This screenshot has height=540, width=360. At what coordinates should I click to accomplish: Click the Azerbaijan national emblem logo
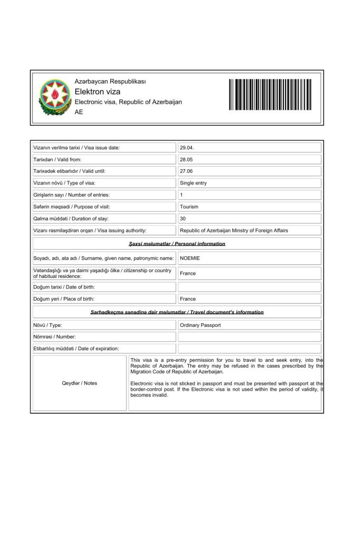55,98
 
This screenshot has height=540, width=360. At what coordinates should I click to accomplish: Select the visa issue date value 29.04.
187,148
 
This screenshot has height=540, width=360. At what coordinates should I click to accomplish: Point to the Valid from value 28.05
187,159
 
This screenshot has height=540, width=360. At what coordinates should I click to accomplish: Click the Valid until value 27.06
187,171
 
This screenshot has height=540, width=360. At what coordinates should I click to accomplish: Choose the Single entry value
193,183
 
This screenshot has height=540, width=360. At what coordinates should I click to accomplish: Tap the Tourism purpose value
189,207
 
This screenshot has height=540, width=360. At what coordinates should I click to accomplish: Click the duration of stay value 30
183,218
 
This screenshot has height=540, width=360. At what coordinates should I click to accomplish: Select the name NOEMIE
190,258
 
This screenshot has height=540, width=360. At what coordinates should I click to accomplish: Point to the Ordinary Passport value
200,325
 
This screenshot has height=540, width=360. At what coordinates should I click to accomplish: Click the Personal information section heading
177,244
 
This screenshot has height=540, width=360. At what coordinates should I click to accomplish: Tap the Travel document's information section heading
177,312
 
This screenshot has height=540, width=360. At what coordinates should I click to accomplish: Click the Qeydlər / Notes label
80,383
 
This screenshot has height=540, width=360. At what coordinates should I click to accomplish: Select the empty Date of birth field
249,287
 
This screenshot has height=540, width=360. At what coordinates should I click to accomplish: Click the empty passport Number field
249,336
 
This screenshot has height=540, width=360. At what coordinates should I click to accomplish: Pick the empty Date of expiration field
249,349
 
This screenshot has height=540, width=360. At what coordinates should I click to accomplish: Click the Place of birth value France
188,299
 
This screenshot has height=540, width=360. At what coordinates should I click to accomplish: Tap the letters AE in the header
79,112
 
